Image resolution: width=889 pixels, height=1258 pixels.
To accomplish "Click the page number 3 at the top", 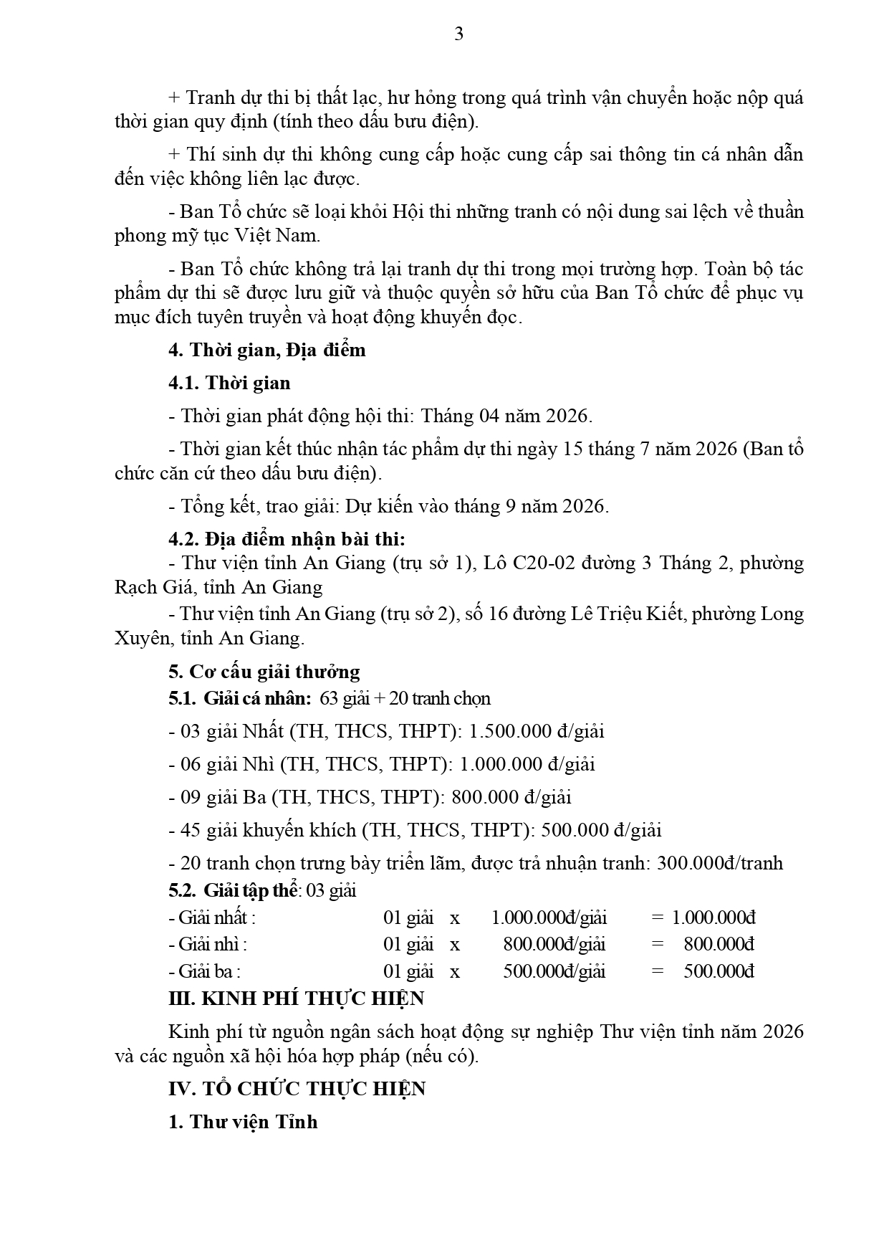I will coord(458,34).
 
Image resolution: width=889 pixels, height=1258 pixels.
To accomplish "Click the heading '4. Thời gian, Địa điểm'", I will coord(267,350).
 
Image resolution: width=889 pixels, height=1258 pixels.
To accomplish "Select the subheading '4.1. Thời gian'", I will coord(229,383).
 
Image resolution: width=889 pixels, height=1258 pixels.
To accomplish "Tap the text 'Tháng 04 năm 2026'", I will coord(506,416).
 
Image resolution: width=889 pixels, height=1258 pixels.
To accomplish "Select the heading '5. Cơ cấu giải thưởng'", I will coord(264,672).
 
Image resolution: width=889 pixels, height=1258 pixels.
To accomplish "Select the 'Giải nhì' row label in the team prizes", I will coord(212,944).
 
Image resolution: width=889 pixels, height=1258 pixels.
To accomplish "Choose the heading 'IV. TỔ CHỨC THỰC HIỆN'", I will coord(297,1089).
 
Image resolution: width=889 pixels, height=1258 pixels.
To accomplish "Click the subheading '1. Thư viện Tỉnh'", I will coord(244,1122).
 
